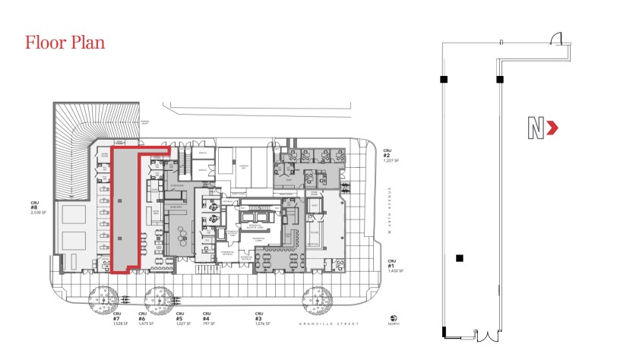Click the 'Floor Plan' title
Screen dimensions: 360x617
pos(65,42)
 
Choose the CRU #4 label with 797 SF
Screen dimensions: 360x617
pos(205,318)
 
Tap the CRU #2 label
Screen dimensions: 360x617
pos(388,156)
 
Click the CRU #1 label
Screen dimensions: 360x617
pos(390,267)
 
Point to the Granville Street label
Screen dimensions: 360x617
pos(319,323)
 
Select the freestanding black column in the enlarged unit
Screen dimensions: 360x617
pos(459,258)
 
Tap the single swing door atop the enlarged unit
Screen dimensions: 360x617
pos(556,38)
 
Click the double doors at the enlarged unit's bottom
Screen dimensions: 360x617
pos(483,334)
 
